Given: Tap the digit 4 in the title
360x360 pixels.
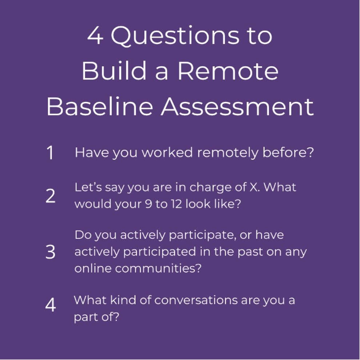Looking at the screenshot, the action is point(95,35).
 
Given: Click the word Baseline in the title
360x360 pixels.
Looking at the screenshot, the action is point(100,106).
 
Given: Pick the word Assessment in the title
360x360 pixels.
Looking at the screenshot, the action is point(237,106).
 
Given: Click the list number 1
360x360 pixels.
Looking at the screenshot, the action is point(50,152).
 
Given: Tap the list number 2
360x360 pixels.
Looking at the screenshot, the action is point(51,196).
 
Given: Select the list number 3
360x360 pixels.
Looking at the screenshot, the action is point(51,252).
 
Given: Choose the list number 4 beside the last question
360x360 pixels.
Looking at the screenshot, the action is point(51,305).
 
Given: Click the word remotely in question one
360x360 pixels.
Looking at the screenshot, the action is point(228,153).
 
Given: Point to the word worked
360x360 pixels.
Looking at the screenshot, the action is point(167,152).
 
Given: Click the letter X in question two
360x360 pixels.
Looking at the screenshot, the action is point(253,187).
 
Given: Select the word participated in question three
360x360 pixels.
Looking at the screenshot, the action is point(160,252).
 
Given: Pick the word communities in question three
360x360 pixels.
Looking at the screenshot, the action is point(158,268).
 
